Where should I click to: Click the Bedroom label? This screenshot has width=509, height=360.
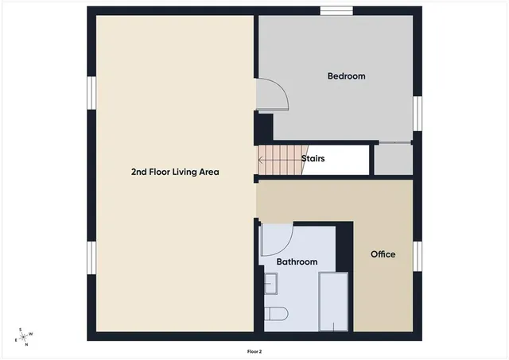point(346,76)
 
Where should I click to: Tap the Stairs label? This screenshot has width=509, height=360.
point(313,158)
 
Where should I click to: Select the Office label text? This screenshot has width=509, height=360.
point(383,254)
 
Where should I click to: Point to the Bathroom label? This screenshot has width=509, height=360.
point(297,261)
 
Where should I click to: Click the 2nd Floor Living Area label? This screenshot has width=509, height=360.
point(175,172)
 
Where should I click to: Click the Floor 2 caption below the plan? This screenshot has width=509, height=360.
point(254,349)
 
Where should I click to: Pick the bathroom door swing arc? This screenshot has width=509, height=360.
point(278,239)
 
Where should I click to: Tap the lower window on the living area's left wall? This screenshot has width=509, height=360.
point(91,257)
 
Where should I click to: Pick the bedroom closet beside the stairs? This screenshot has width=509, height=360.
point(393,158)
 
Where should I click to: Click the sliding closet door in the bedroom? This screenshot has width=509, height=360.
point(393,142)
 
